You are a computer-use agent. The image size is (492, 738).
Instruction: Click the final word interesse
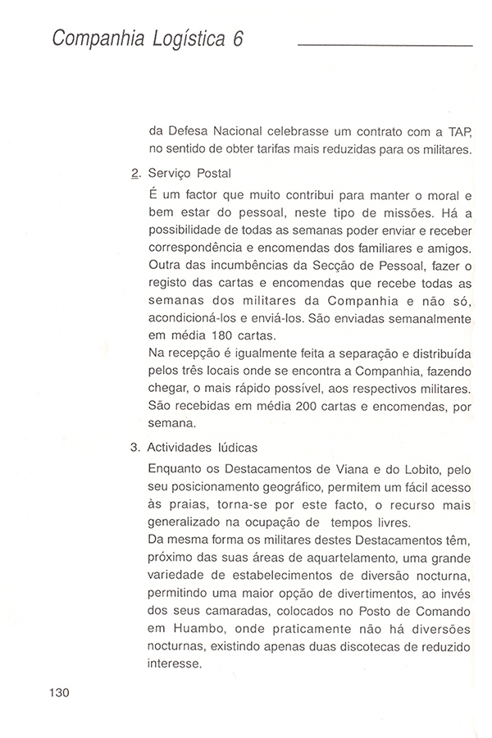pyautogui.click(x=175, y=664)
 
